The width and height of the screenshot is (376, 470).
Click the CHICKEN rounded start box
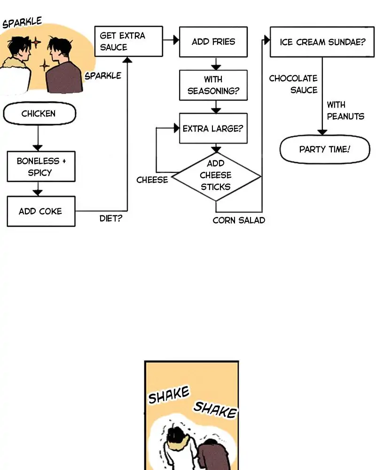click(39, 114)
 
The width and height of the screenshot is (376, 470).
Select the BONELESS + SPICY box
click(41, 166)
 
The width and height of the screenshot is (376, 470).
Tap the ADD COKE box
click(41, 211)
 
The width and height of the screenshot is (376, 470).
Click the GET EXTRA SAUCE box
click(128, 41)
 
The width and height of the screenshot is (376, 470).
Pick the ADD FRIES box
click(213, 41)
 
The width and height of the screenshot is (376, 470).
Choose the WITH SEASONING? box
click(213, 85)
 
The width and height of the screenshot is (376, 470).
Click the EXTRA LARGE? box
click(213, 128)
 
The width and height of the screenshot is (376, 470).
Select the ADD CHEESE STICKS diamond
click(216, 177)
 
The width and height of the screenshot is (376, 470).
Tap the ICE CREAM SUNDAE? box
click(322, 42)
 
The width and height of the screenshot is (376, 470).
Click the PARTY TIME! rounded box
click(324, 149)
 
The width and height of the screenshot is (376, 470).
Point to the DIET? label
click(110, 219)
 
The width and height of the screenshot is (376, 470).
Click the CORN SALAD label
click(239, 220)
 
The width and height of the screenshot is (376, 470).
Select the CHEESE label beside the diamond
click(152, 180)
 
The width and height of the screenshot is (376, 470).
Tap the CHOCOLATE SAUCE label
click(294, 84)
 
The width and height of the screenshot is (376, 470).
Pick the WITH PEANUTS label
click(345, 110)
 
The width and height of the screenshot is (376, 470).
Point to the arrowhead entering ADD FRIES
click(176, 41)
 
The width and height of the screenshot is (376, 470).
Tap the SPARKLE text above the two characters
click(22, 23)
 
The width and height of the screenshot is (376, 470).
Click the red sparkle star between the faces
click(37, 43)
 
